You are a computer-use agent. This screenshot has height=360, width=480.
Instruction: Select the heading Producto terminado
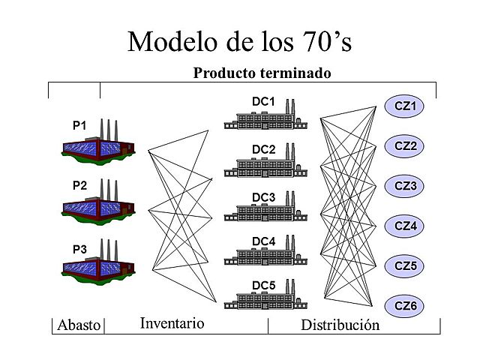[x=262, y=73]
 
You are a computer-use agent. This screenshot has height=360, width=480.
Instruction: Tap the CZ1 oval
[x=405, y=106]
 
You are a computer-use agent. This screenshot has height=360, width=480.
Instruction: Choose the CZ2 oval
[x=405, y=146]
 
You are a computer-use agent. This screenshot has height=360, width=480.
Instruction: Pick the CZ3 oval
[x=405, y=186]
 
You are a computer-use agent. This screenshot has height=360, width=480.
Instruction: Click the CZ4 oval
[x=405, y=226]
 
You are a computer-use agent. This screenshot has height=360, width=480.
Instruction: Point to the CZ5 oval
[x=405, y=265]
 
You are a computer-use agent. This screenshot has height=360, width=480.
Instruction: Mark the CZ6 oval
[x=405, y=305]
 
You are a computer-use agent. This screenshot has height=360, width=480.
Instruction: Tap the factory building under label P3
[x=98, y=265]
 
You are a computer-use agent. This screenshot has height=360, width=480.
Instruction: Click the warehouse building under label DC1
[x=267, y=120]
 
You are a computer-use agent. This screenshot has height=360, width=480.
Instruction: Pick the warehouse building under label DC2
[x=267, y=167]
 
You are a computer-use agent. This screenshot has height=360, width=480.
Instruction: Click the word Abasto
[x=78, y=325]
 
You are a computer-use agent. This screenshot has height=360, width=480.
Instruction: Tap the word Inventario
[x=172, y=324]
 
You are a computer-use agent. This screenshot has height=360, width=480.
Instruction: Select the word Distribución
[x=340, y=325]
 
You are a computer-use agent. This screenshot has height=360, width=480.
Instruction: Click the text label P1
[x=79, y=125]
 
